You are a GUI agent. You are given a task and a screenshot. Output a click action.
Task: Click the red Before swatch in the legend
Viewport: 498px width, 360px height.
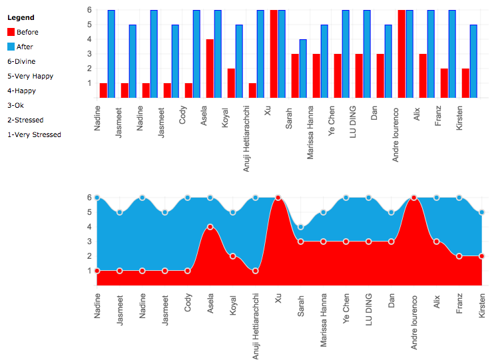pyautogui.click(x=11, y=32)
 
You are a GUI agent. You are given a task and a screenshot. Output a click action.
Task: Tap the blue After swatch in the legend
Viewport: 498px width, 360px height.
pyautogui.click(x=11, y=47)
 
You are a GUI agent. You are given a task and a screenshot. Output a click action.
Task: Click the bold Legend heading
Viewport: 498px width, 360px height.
pyautogui.click(x=21, y=17)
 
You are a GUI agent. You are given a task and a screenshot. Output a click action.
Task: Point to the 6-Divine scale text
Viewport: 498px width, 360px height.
pyautogui.click(x=21, y=61)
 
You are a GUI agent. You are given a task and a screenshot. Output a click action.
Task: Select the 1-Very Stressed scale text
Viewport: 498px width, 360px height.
pyautogui.click(x=35, y=134)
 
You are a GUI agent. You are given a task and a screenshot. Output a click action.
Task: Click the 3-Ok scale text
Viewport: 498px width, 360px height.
pyautogui.click(x=15, y=105)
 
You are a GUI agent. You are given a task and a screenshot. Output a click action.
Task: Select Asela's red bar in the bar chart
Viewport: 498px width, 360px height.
pyautogui.click(x=210, y=69)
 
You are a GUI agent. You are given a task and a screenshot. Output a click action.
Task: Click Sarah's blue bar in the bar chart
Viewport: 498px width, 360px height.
pyautogui.click(x=303, y=69)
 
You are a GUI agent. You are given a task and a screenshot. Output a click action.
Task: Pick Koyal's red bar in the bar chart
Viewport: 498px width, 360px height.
pyautogui.click(x=231, y=83)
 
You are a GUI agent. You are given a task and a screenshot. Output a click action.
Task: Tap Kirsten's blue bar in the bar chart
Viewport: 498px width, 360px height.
pyautogui.click(x=473, y=61)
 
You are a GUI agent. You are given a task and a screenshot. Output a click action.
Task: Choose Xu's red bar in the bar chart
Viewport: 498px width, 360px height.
pyautogui.click(x=274, y=54)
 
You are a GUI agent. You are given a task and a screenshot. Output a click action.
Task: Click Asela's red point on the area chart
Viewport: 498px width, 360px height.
pyautogui.click(x=210, y=227)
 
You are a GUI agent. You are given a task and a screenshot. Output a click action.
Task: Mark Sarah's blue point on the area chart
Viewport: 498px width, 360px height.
pyautogui.click(x=301, y=227)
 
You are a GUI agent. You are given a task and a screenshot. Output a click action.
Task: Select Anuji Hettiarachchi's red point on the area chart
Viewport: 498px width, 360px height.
pyautogui.click(x=256, y=271)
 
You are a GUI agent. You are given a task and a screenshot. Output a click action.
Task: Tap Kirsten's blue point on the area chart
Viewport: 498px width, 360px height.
pyautogui.click(x=482, y=212)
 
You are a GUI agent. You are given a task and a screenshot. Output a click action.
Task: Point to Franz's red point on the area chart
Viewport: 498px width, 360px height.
pyautogui.click(x=459, y=256)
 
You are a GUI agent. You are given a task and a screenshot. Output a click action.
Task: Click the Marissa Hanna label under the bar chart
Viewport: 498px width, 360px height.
pyautogui.click(x=310, y=132)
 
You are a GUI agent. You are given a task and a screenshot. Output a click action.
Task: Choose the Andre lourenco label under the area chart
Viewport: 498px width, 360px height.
pyautogui.click(x=414, y=323)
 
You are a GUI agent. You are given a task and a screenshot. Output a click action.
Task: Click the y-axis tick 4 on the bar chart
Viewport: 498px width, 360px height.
pyautogui.click(x=90, y=39)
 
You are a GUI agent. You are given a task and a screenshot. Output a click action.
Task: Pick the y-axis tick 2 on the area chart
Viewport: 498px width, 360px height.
pyautogui.click(x=90, y=256)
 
